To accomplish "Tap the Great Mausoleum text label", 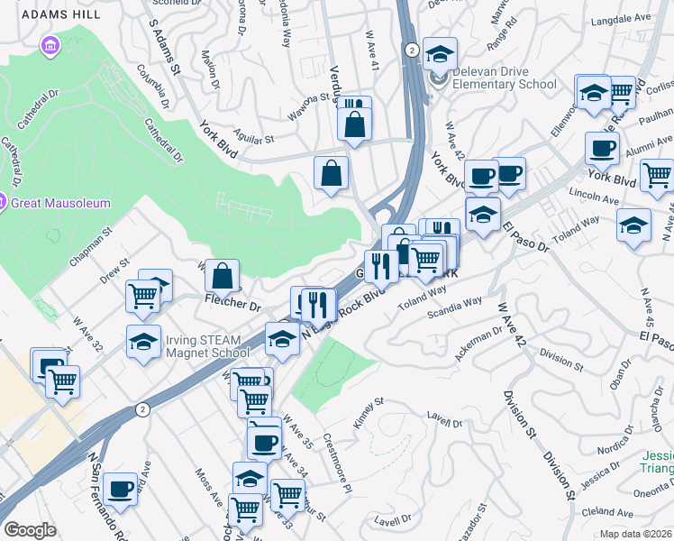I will (60, 203).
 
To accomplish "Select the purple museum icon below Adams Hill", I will (50, 44).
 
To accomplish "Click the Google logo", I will (30, 530).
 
